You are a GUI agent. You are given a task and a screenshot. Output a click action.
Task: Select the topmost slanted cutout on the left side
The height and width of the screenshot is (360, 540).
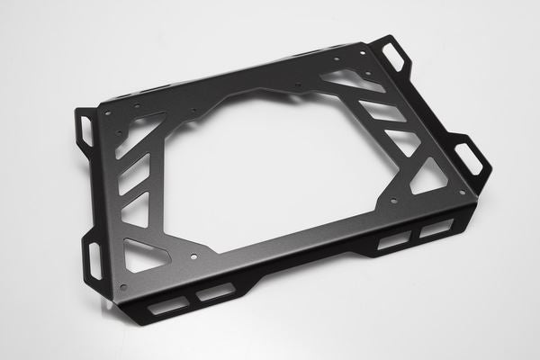pyautogui.click(x=144, y=131)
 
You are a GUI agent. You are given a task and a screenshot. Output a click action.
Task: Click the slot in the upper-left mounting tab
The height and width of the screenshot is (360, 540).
pyautogui.click(x=86, y=131)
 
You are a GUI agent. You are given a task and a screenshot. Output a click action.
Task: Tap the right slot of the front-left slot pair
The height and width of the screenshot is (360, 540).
pyautogui.click(x=215, y=292)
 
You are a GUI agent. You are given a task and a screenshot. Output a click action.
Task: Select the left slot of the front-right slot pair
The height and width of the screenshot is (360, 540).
pyautogui.click(x=393, y=241)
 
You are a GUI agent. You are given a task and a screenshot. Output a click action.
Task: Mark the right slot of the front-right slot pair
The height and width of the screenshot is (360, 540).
pyautogui.click(x=436, y=228)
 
